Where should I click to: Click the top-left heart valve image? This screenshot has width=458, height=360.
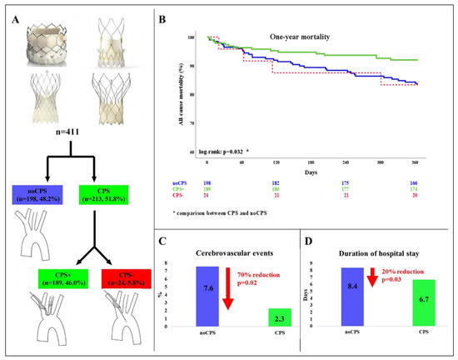pos(52,39)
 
